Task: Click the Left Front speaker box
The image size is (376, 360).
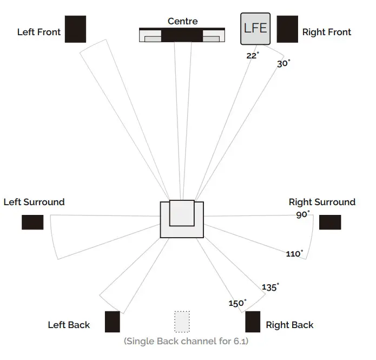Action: pos(75,29)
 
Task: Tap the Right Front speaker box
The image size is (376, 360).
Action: pos(287,29)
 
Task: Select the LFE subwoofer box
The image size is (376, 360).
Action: pos(255,29)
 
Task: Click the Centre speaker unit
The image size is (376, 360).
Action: pos(182,35)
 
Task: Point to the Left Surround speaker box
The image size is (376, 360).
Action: pos(32,222)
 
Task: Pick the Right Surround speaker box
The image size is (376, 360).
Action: pos(330,222)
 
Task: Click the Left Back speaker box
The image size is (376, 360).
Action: pos(112,322)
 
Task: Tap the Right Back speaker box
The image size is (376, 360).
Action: pos(253,322)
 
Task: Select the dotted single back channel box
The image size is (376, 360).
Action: pos(182,322)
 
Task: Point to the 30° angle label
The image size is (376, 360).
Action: pos(283,63)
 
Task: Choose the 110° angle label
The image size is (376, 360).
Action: pos(294,253)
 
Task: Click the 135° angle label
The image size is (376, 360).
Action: pos(271,287)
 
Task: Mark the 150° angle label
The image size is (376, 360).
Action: pos(237,303)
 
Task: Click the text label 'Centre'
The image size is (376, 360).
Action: pos(182,22)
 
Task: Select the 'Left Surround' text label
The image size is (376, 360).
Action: pos(34,202)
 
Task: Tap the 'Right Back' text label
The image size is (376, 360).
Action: pos(289,325)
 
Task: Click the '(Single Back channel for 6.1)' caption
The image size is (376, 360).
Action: pos(186,341)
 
